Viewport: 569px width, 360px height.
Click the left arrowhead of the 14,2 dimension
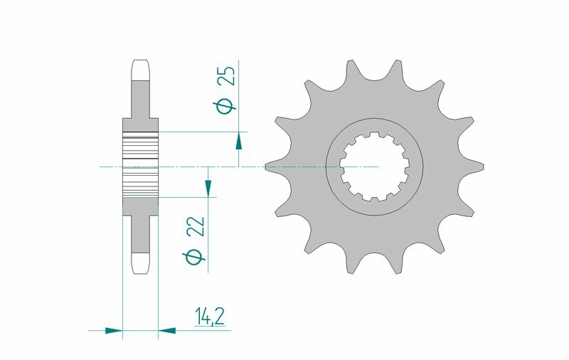coord(114,330)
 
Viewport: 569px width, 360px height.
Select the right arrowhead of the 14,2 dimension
coord(166,330)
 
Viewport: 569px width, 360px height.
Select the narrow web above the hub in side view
coord(140,100)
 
